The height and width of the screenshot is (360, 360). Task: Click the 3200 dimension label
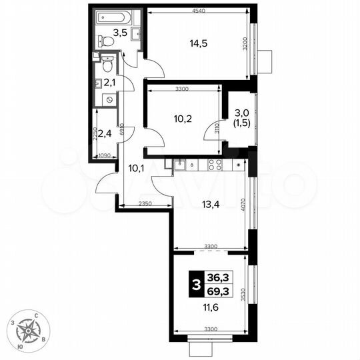(246, 46)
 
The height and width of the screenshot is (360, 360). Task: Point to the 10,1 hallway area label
(137, 168)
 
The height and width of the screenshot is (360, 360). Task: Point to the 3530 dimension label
(246, 293)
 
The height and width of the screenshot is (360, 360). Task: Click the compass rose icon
(29, 331)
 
